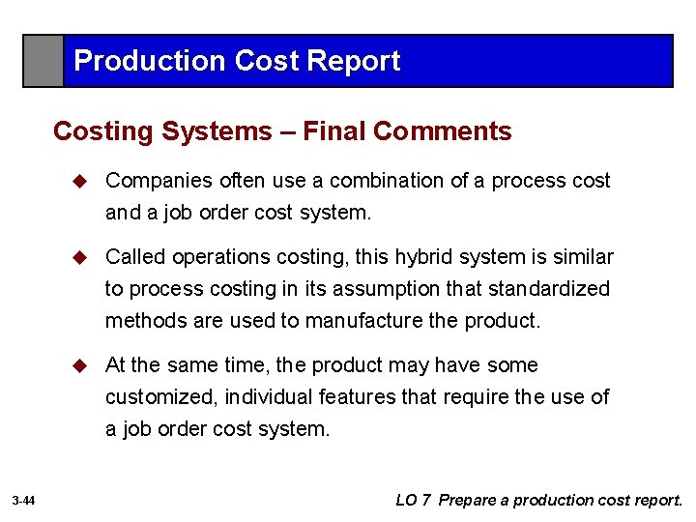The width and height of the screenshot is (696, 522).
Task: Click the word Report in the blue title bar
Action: coord(353,61)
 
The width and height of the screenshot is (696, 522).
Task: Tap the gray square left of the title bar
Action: coord(43,61)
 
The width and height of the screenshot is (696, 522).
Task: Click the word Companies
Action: coord(158,181)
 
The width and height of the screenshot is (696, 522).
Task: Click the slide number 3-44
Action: coord(24,501)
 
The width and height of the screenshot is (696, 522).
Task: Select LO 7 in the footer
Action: coord(413,500)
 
